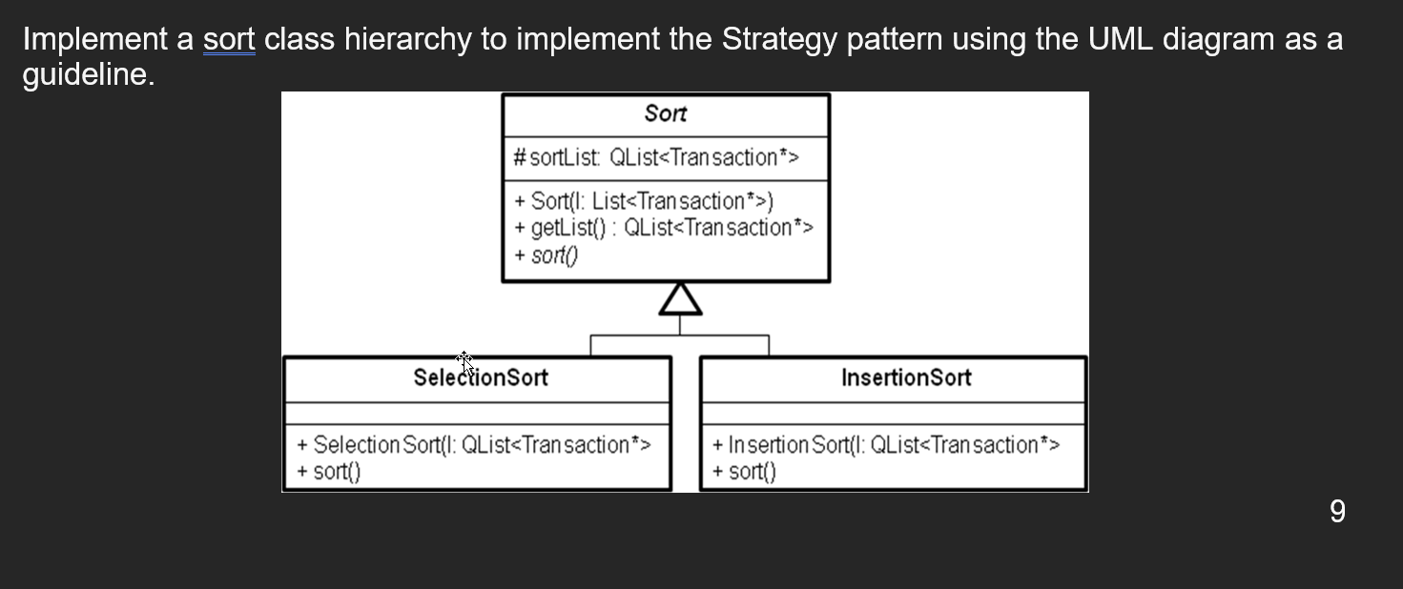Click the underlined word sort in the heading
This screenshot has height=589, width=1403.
[x=229, y=40]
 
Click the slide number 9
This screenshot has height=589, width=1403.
[x=1337, y=512]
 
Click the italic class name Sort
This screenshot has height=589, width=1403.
[x=665, y=113]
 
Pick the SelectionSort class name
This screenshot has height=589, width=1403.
[x=481, y=377]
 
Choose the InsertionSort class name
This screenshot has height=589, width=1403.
[x=906, y=377]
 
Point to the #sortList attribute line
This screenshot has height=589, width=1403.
[x=656, y=157]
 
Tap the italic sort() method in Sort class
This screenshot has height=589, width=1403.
[x=546, y=255]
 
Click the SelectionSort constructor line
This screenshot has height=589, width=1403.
[x=474, y=445]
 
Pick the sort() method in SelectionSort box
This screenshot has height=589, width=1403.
[x=329, y=471]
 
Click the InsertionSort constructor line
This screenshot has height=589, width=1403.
[x=886, y=445]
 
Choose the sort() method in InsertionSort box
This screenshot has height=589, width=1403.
[x=745, y=471]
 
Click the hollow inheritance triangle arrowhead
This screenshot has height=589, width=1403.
[x=680, y=299]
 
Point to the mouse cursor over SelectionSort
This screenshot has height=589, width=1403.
[x=464, y=362]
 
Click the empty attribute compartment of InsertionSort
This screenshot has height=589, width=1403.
[x=893, y=414]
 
